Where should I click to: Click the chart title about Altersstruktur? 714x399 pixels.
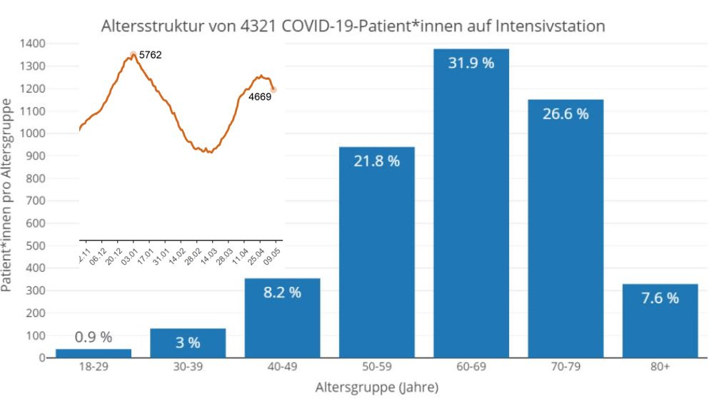point(353,27)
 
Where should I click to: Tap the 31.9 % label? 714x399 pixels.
point(471,63)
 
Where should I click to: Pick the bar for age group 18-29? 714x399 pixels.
point(94,353)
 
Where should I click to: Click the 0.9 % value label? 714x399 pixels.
point(94,337)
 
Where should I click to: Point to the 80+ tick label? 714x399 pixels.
point(660,366)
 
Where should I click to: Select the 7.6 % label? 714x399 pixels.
point(660,298)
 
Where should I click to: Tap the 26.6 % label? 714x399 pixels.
point(565,113)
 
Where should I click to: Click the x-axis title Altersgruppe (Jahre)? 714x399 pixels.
point(376,387)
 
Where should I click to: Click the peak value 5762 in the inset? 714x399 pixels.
point(151,54)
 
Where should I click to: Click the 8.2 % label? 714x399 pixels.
point(282,292)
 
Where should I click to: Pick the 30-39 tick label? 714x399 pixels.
point(188,366)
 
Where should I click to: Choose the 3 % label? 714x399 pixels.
point(188,343)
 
